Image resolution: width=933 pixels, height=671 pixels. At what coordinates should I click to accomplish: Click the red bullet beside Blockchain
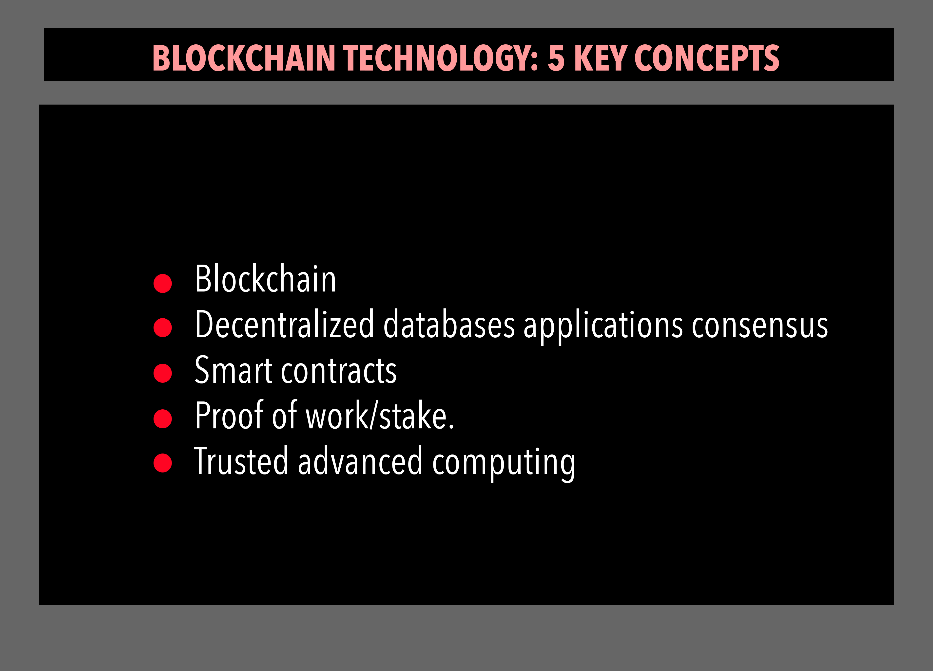pos(162,284)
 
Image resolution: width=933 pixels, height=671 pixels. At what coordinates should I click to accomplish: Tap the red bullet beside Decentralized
pos(162,327)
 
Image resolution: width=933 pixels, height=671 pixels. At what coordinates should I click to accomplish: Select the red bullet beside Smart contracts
pos(162,373)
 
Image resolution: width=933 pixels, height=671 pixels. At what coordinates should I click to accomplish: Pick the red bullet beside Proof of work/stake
pos(162,419)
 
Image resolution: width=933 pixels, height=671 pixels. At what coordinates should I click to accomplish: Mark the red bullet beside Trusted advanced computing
pos(162,463)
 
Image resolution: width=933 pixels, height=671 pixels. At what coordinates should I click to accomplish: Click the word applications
pos(603,327)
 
